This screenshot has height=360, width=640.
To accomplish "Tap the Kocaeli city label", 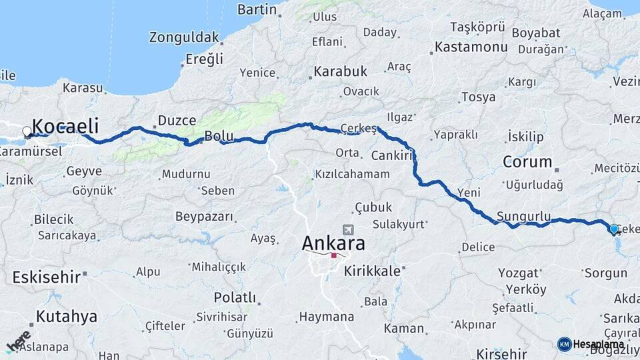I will (65, 126).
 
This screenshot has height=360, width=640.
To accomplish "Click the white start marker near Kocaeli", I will (27, 131).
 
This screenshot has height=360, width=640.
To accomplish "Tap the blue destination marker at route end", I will (614, 229).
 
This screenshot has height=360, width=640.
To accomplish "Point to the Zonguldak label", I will (184, 37).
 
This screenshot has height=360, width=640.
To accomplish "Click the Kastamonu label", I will (471, 47).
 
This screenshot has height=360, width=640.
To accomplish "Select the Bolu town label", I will (219, 136).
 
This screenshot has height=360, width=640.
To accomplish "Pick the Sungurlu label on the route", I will (524, 217).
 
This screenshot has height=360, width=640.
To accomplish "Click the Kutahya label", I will (66, 316).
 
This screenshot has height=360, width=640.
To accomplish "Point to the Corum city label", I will (527, 161).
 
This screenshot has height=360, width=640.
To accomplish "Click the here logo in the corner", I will (18, 341).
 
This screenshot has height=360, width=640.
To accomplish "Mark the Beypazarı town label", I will (204, 216).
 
